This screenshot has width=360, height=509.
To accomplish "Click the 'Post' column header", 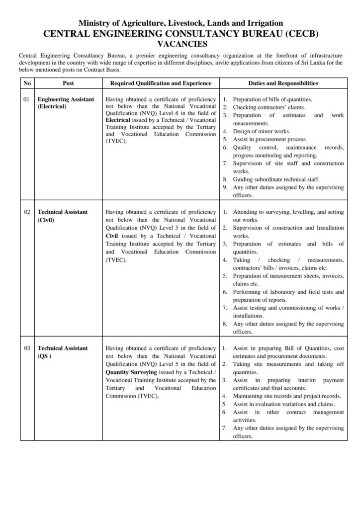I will tap(69, 84).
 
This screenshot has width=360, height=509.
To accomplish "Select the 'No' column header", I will tap(27, 84).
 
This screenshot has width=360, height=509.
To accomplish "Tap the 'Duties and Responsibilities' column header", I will tap(283, 84).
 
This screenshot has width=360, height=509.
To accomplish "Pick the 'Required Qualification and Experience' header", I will tap(161, 84).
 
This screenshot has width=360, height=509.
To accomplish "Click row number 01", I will tap(27, 99).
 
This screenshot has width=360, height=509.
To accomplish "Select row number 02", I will tap(27, 212).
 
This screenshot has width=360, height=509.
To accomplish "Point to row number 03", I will tap(27, 348).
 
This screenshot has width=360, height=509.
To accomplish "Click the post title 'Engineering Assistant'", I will tap(66, 99).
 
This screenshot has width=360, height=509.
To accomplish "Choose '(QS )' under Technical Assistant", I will tap(45, 356).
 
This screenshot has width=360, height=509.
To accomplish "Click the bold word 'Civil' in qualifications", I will tap(112, 236).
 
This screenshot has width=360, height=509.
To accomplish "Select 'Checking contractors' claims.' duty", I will tap(269, 107).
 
